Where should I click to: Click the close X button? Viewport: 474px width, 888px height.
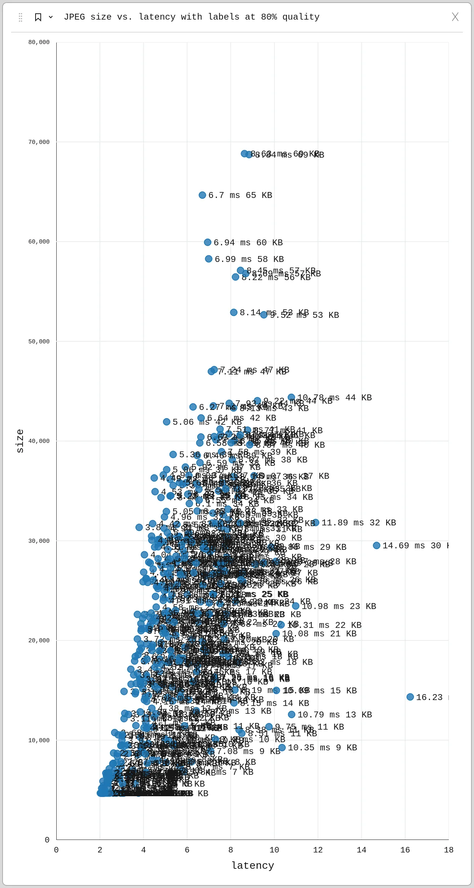tap(455, 17)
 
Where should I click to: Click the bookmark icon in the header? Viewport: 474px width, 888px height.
tap(38, 17)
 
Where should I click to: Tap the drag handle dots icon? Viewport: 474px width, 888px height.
tap(21, 17)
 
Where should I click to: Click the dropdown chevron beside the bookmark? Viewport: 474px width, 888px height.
tap(51, 17)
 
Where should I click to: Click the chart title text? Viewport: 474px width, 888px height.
tap(191, 17)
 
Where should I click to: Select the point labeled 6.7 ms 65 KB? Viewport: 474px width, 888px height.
tap(202, 195)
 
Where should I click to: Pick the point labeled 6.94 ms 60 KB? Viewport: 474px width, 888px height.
tap(208, 242)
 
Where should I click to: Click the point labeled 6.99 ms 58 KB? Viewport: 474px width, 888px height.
tap(209, 259)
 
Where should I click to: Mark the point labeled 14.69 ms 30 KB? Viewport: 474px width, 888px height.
tap(377, 545)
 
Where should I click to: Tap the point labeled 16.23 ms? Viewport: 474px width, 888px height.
tap(410, 697)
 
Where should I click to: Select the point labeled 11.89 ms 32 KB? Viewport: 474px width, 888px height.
tap(316, 522)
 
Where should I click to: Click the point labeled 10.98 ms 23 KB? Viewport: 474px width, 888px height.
tap(296, 606)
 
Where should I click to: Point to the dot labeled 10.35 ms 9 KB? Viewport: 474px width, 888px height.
tap(282, 747)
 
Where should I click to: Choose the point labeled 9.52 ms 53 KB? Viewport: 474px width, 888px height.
tap(264, 314)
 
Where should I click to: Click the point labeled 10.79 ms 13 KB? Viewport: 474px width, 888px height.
tap(291, 714)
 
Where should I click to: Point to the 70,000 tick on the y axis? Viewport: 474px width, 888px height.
tap(39, 142)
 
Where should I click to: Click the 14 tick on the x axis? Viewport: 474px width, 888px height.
tap(361, 850)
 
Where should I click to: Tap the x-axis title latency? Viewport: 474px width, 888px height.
tap(253, 865)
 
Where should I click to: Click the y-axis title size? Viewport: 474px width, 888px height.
tap(20, 441)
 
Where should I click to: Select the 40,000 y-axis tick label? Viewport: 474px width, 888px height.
tap(39, 441)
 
